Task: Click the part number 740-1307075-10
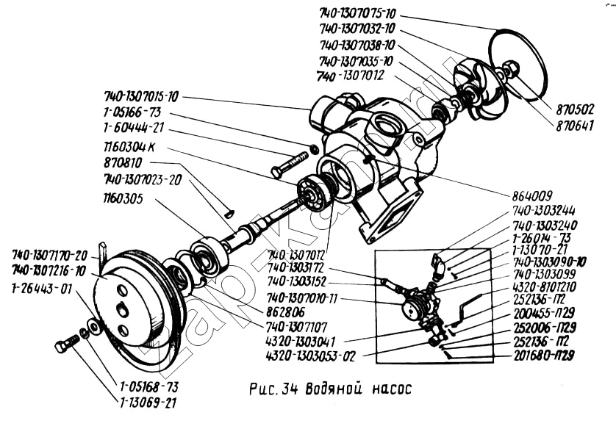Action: click(x=359, y=14)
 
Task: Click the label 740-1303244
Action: click(x=545, y=209)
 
